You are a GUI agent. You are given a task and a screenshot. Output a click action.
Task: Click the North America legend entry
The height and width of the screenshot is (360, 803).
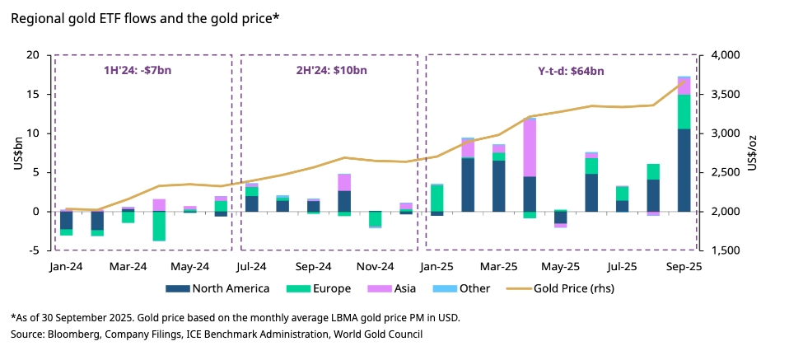click(217, 288)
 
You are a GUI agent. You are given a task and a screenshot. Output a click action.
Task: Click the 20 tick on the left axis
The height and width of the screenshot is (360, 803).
click(33, 55)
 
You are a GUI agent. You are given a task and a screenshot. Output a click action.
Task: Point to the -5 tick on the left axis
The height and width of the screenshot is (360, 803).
click(35, 250)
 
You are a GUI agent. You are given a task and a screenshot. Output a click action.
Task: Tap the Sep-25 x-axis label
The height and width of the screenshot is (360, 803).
click(683, 267)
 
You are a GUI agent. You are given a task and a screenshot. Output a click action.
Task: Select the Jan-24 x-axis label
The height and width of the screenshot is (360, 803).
click(65, 267)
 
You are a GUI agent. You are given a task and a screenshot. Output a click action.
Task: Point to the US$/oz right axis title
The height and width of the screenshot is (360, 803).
click(751, 152)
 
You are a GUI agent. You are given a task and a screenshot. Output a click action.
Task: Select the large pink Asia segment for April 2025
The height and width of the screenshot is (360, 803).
click(529, 148)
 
